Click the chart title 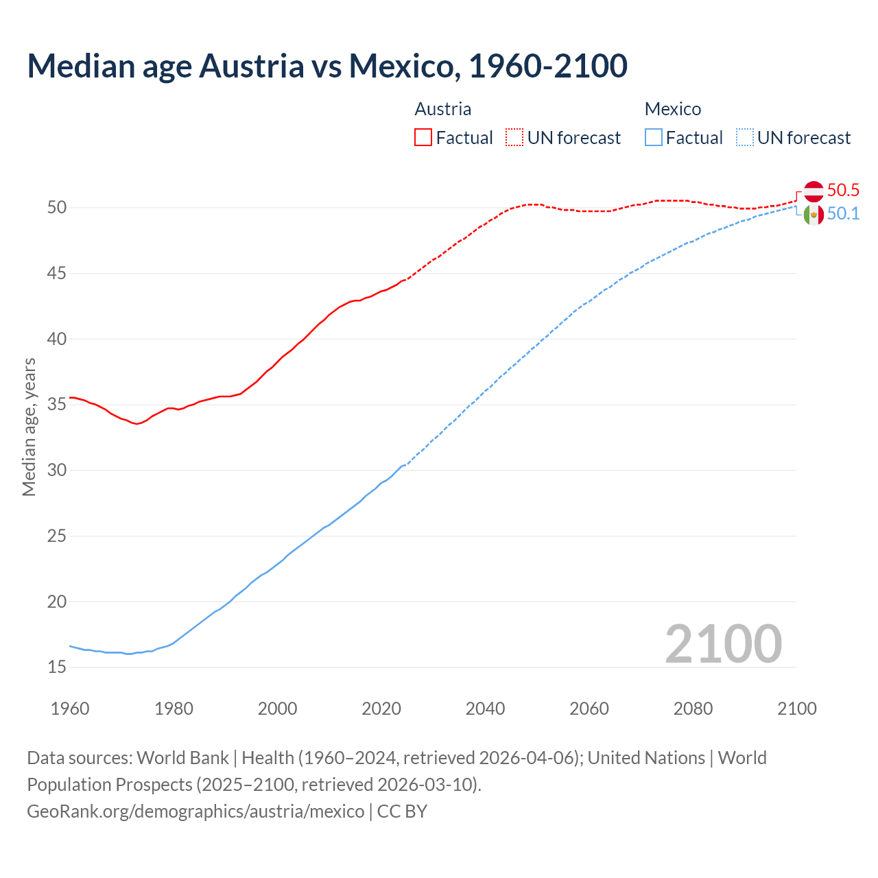327,66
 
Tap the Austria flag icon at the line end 814,191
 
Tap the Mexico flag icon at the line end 814,215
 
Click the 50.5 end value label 843,191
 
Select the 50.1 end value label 843,214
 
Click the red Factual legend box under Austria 423,137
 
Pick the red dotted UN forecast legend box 514,137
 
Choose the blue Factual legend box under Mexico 654,137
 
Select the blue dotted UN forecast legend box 744,137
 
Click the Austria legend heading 443,109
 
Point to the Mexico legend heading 673,109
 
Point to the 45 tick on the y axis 56,274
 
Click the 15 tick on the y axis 56,667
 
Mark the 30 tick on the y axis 56,471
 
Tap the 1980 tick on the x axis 174,709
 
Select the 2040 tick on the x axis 485,709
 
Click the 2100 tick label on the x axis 796,709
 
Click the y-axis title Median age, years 29,427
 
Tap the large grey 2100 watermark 723,643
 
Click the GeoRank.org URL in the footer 195,811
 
